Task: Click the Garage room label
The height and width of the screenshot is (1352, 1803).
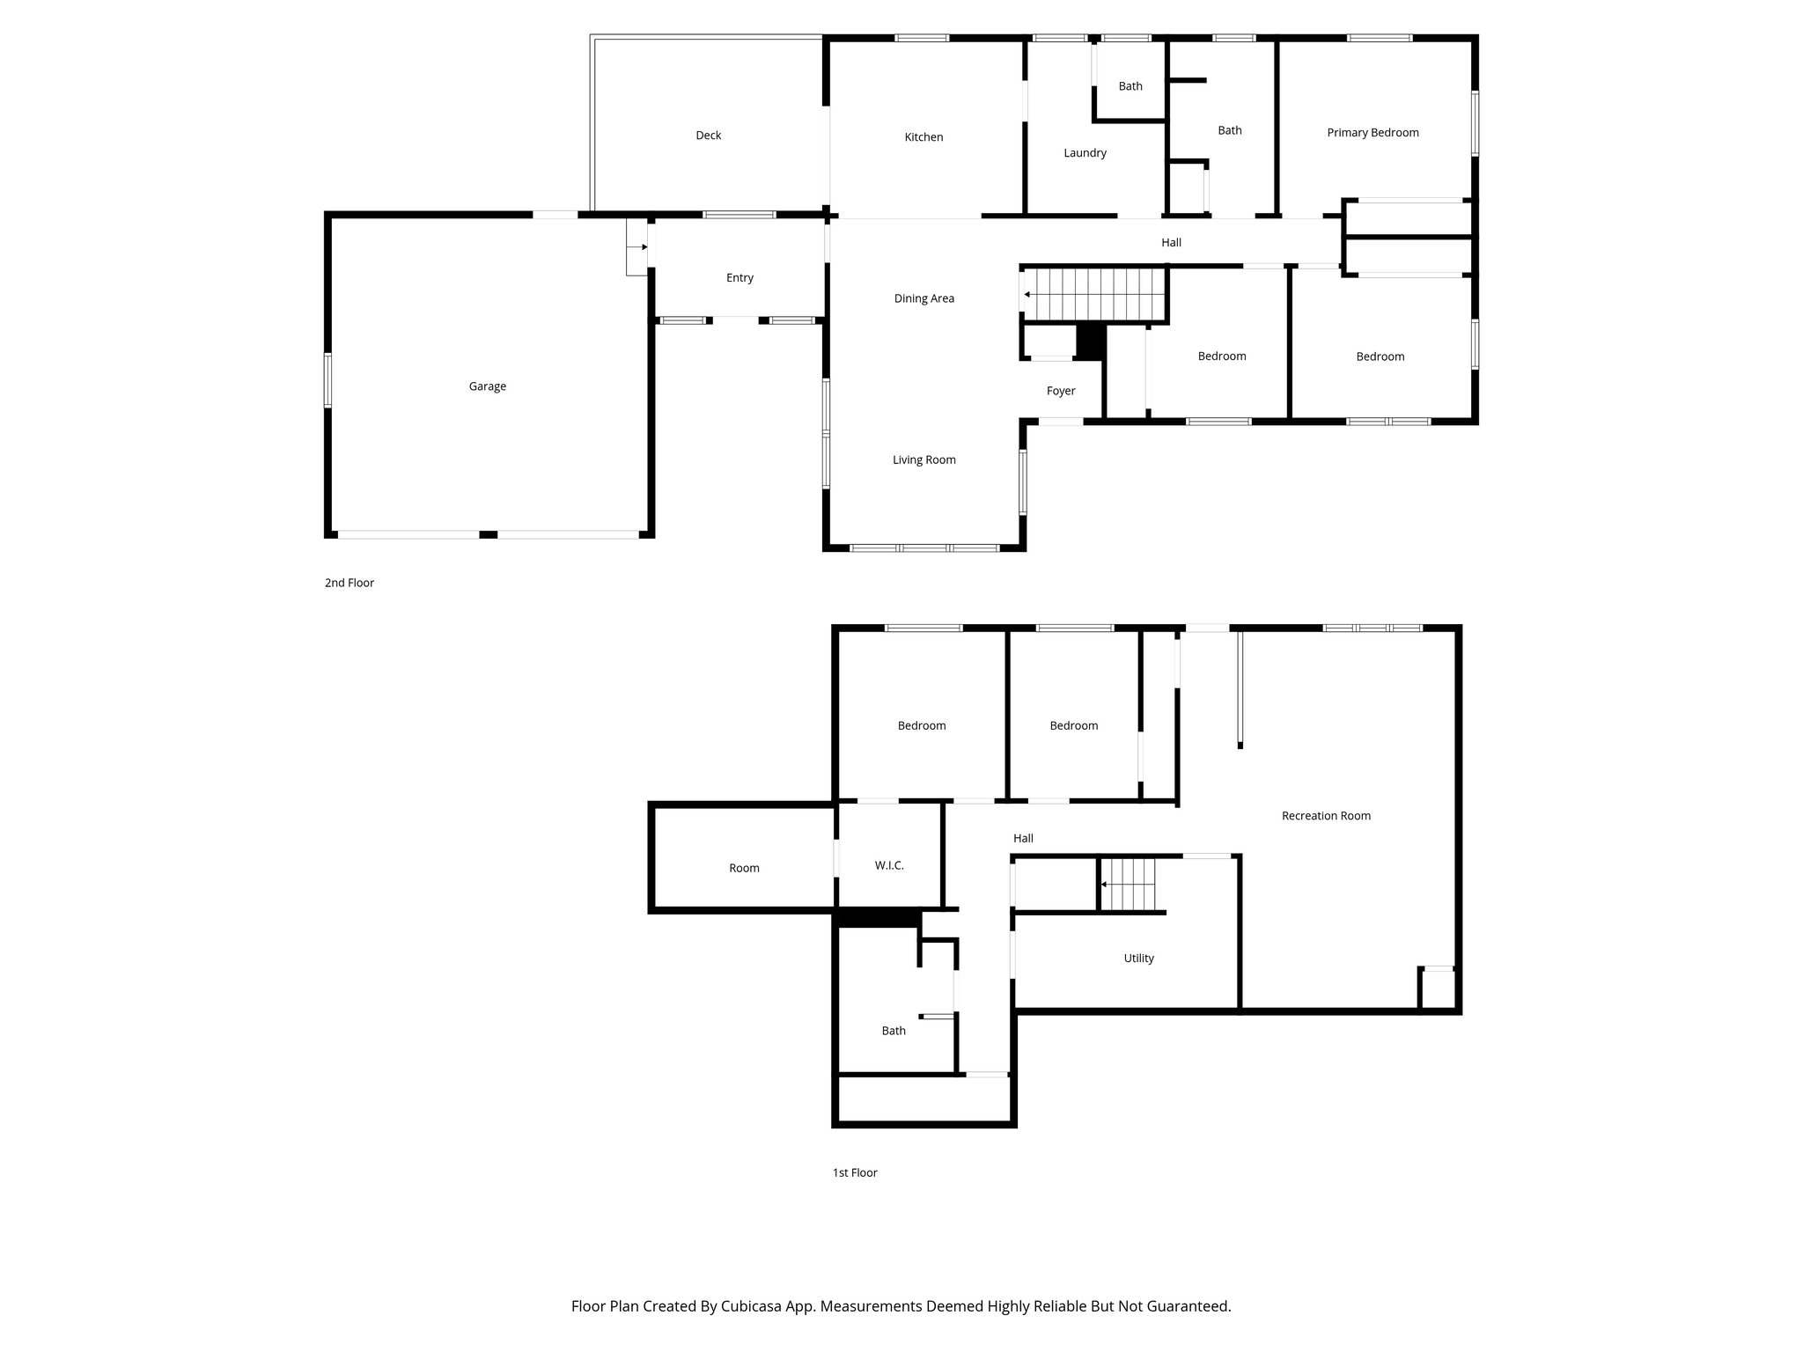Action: [x=487, y=386]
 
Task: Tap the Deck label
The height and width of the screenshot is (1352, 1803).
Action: [x=708, y=136]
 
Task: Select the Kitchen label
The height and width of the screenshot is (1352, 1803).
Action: [x=924, y=137]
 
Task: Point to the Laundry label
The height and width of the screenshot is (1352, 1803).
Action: [x=1085, y=153]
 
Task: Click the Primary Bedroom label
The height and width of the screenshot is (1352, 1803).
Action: [x=1372, y=133]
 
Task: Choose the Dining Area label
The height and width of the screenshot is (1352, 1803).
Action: [x=924, y=298]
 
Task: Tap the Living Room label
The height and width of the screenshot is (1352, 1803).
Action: [x=924, y=459]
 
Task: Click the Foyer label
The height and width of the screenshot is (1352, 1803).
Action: [x=1061, y=391]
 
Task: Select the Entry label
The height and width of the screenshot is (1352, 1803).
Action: [x=740, y=278]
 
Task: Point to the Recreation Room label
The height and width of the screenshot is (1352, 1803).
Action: [x=1326, y=816]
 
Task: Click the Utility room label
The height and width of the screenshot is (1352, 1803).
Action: [x=1138, y=959]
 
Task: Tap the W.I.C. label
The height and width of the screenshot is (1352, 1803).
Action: [x=889, y=866]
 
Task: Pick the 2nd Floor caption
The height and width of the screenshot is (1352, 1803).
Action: [x=350, y=583]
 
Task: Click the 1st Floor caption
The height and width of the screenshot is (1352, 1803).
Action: [x=855, y=1172]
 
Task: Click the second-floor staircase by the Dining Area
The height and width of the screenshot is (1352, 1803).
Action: [x=1096, y=295]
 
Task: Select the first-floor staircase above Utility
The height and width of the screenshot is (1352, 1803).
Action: [x=1129, y=885]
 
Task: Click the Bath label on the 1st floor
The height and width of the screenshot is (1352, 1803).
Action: [x=894, y=1031]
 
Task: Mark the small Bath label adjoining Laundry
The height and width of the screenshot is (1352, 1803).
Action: [x=1130, y=86]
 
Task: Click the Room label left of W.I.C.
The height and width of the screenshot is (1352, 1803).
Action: [x=744, y=868]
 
